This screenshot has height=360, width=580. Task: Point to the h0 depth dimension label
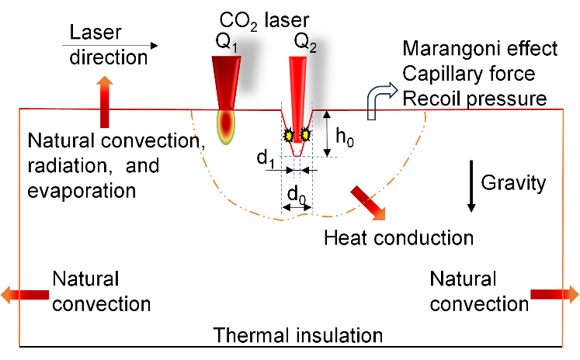click(x=344, y=136)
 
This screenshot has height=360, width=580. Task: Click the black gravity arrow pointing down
click(x=470, y=185)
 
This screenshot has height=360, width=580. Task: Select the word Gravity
click(x=513, y=184)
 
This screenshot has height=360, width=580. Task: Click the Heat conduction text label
click(x=398, y=237)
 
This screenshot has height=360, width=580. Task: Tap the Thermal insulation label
click(x=298, y=335)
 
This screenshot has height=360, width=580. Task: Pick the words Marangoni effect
click(x=481, y=50)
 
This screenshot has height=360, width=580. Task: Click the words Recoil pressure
click(x=475, y=100)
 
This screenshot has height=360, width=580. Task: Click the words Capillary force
click(x=469, y=75)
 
